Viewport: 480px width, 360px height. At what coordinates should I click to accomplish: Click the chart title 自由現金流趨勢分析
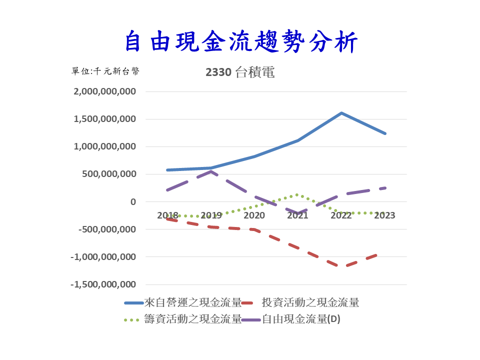(x=240, y=41)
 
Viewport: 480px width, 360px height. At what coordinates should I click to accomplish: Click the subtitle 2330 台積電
(x=240, y=72)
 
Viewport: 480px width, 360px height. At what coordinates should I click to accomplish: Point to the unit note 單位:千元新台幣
(x=105, y=71)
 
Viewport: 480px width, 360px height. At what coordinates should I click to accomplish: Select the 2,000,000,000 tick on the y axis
(x=104, y=92)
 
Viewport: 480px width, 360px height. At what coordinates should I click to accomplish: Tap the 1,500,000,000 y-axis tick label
(x=104, y=119)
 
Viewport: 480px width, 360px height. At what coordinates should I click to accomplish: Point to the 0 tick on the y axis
(x=132, y=202)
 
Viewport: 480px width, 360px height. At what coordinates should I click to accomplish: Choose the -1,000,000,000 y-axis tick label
(x=103, y=257)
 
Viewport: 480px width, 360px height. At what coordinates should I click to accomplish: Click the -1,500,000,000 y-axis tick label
(x=103, y=284)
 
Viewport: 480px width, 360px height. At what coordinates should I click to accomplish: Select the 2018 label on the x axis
(x=167, y=215)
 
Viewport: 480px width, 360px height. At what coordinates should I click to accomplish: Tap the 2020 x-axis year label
(x=254, y=215)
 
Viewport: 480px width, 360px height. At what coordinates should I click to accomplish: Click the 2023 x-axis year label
(x=384, y=215)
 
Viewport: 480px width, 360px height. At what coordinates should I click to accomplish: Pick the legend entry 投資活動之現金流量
(x=310, y=302)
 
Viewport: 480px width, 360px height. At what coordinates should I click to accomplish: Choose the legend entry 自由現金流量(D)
(x=301, y=319)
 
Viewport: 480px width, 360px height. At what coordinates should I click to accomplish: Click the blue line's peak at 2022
(x=341, y=113)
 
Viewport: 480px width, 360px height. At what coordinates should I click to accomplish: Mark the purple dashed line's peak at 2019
(x=211, y=171)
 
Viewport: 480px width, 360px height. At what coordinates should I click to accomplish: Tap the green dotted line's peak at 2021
(x=297, y=195)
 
